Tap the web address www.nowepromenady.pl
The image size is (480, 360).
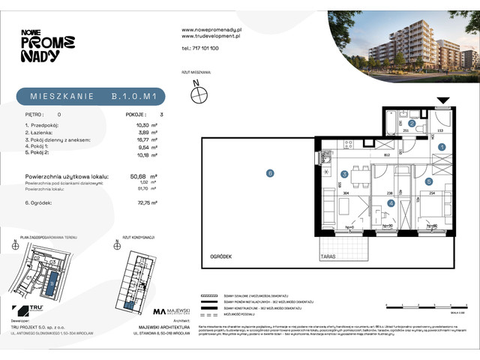(209, 29)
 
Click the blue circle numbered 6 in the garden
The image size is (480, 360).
(270, 173)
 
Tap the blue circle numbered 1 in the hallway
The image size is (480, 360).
(442, 148)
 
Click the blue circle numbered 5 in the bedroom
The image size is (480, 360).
(428, 181)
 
